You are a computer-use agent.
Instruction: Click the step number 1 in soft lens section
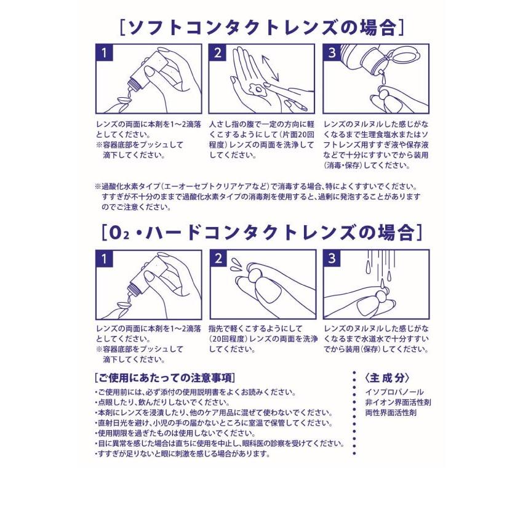(105, 53)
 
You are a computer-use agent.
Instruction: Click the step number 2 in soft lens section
(218, 53)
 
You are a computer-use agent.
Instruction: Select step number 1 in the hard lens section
(105, 258)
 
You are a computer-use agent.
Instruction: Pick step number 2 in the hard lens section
(218, 258)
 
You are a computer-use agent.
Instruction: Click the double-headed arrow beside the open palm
(269, 67)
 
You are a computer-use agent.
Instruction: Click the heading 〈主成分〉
(387, 378)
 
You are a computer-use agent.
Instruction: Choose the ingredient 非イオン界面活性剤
(397, 402)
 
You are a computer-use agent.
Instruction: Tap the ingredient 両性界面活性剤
(390, 413)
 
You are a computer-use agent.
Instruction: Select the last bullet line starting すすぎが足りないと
(183, 454)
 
